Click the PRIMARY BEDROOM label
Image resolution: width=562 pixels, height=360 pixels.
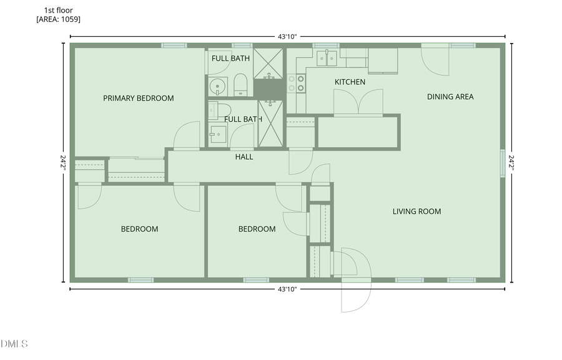point(138,98)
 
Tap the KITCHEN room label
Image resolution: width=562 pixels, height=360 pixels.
point(350,82)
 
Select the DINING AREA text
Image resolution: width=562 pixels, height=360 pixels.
point(450,97)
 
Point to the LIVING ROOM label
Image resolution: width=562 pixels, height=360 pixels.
point(417,212)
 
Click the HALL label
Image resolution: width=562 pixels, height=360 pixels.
point(244,157)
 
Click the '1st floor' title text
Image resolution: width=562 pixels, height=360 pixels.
point(58,11)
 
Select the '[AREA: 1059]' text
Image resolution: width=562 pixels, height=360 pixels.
point(58,19)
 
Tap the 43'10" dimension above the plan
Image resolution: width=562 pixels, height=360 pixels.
point(287,37)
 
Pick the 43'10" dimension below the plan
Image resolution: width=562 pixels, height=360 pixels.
point(287,289)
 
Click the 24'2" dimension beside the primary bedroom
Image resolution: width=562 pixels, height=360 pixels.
point(62,163)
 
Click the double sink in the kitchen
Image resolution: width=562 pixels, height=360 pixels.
point(326,58)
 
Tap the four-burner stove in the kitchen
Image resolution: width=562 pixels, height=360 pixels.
point(297,83)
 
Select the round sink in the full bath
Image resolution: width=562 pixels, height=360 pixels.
point(218,86)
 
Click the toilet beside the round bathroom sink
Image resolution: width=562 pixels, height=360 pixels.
point(242,85)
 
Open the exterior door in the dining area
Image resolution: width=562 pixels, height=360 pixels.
point(435,62)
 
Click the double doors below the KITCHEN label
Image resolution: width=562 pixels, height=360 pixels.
point(358,102)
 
